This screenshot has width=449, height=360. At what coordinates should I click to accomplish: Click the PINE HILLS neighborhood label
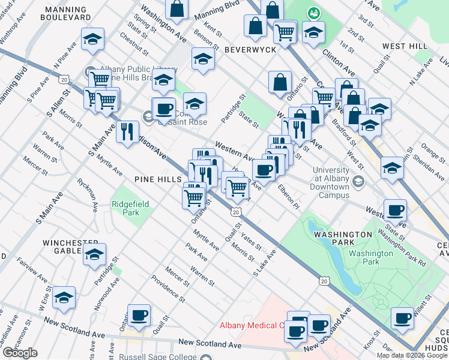coord(158,179)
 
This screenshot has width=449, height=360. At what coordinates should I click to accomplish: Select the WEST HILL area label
coord(405,46)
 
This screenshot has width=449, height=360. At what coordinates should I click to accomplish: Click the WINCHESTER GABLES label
coord(66,247)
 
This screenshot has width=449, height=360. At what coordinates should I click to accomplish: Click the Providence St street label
coord(167,287)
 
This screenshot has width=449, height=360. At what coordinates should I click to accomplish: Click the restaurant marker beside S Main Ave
coord(127,131)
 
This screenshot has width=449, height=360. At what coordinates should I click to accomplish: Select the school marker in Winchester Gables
coord(94,255)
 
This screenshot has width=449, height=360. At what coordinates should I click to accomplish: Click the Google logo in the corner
coord(20,353)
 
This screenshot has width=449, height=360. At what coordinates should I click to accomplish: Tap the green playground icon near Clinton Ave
coord(313,13)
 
